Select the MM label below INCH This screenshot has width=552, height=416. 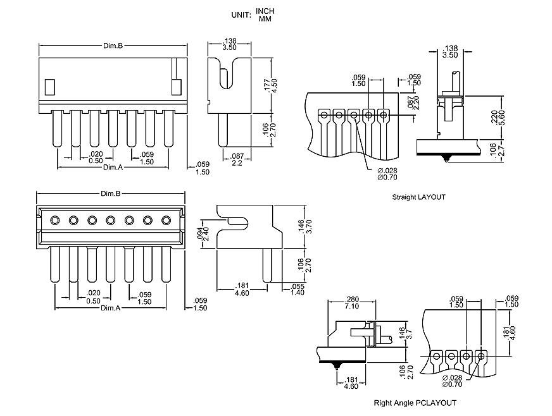pos(265,19)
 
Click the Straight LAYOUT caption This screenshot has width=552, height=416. pos(418,197)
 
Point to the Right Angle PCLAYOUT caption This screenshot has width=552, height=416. pos(415,403)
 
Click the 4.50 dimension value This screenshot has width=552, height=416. pos(274,84)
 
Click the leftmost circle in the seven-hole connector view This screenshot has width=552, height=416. pos(54,220)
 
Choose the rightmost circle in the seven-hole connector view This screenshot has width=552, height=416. pos(166,220)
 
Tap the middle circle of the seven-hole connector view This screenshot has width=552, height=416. pos(111,220)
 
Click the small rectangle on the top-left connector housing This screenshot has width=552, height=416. pos(49,86)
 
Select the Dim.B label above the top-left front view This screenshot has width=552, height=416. pos(113,46)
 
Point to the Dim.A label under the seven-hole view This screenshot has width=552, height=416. pos(110,308)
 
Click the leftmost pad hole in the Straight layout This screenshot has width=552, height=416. pos(323,115)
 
